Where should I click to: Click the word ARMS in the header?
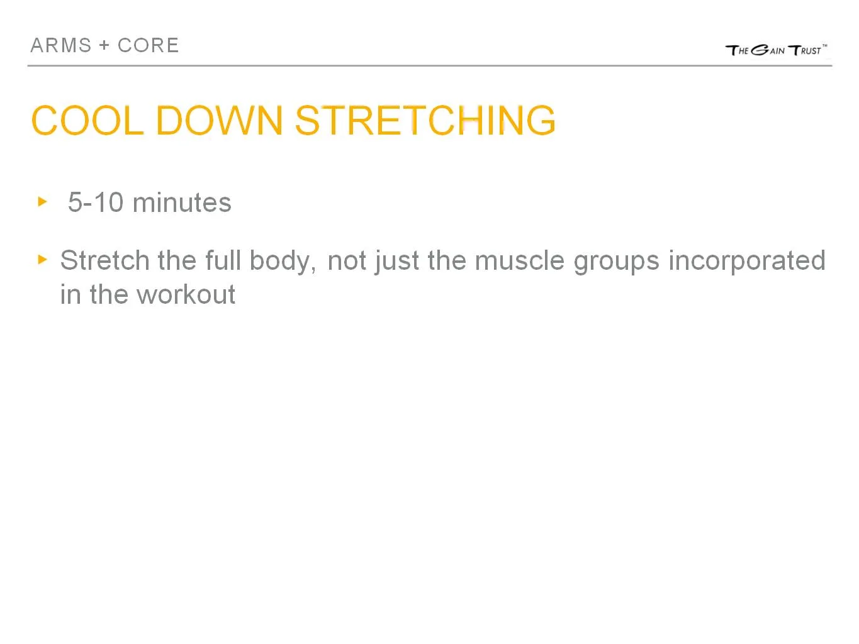[61, 45]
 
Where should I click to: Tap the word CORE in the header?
[149, 45]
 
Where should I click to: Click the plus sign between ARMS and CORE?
[104, 45]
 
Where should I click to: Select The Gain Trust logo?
[776, 50]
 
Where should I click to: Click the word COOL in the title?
[87, 120]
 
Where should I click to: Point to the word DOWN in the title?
[219, 120]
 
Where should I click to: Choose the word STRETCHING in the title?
[425, 120]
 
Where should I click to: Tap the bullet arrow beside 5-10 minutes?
[43, 202]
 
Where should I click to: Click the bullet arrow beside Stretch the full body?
[43, 259]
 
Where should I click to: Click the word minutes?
[182, 203]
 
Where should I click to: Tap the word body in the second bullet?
[282, 261]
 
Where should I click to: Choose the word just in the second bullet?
[397, 261]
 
